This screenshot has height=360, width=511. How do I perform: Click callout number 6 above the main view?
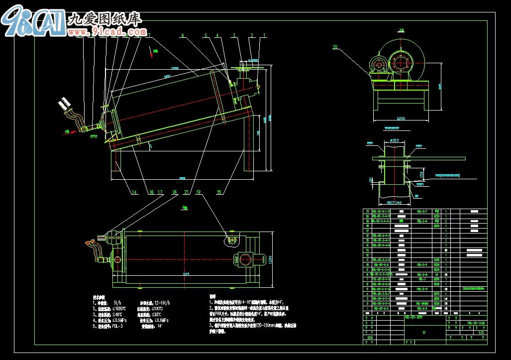coord(183,36)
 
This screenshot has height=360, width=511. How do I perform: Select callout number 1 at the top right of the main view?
coord(264,35)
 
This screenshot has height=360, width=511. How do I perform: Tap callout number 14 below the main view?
coord(134,192)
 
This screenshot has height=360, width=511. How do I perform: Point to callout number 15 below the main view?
coord(219,192)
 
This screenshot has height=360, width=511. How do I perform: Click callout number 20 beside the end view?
coord(335,47)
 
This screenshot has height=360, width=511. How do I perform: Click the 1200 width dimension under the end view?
coord(401,119)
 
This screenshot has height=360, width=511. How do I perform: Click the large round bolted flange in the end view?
coord(402,63)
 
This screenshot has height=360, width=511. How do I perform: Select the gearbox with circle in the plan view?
coord(245,259)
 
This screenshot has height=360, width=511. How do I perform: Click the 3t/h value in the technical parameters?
coord(117,302)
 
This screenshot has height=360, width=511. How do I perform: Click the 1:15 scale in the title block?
coord(481,333)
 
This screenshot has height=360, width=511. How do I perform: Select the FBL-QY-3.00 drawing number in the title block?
coord(476,323)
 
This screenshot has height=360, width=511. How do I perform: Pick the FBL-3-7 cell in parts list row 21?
coord(422,212)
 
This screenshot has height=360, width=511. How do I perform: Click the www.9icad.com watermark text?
coord(112,32)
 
